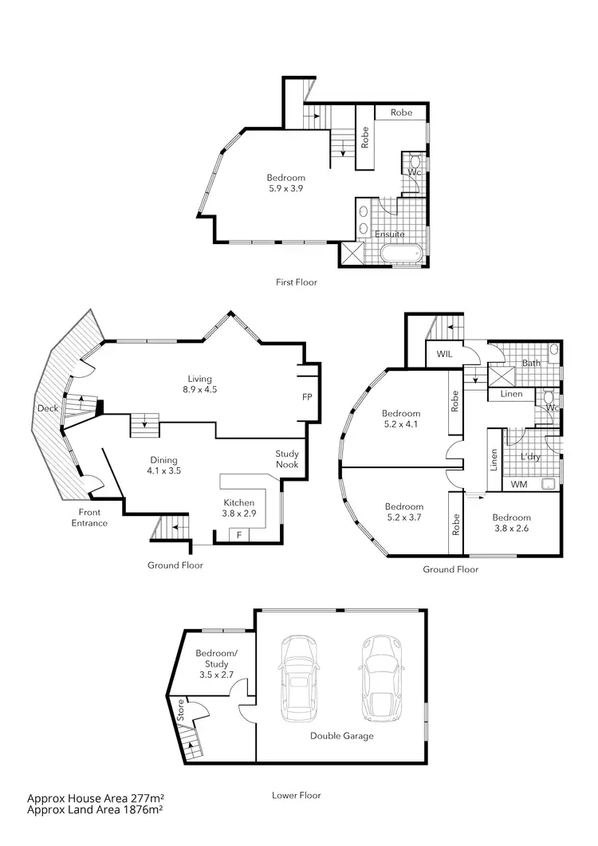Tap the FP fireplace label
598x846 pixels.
coord(307,396)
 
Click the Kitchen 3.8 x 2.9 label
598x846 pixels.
coord(239,509)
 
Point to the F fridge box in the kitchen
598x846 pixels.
coord(239,534)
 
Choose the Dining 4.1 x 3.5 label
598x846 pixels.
coord(164,466)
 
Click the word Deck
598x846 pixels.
coord(46,408)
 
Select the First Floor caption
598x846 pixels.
coord(297,282)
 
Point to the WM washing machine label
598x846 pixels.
coord(518,484)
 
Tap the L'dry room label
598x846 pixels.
coord(530,458)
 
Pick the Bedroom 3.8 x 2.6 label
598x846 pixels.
coord(511,522)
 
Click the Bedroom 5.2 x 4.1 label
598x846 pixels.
coord(400,419)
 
